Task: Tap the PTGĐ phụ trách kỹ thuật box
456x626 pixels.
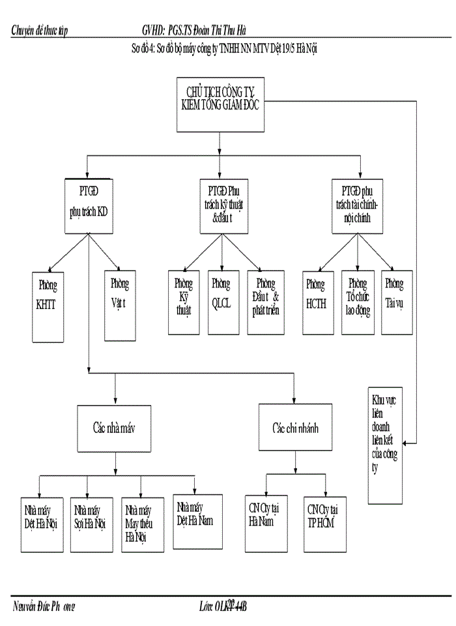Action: coord(223,205)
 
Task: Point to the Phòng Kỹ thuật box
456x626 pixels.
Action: coord(184,303)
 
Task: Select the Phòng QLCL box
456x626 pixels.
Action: coord(221,303)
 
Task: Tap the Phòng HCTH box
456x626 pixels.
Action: coord(317,303)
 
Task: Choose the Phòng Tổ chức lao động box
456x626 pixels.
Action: coord(358,303)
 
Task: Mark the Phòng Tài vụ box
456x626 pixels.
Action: coord(394,303)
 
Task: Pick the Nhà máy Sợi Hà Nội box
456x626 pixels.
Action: coord(89,526)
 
